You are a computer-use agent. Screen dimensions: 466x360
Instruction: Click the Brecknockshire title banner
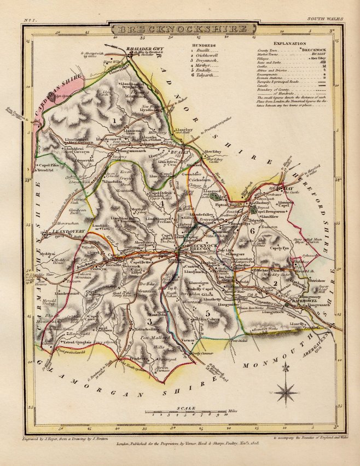coord(179,29)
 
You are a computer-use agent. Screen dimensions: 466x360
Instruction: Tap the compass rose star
coord(286,392)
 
